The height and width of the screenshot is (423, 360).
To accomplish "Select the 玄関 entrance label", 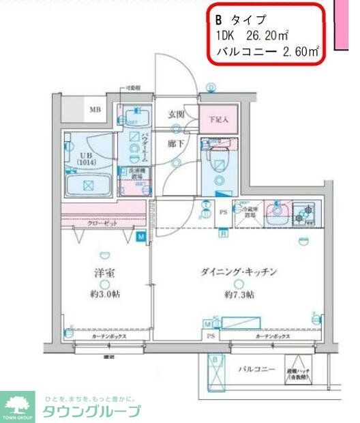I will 177,115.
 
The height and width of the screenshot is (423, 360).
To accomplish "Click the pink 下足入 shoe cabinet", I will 218,117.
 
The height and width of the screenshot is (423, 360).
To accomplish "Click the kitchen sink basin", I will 276,212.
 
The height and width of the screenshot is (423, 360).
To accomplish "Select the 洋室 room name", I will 104,273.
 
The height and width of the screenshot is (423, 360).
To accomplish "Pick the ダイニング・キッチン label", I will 239,272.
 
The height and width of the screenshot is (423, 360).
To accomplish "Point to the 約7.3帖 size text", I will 239,295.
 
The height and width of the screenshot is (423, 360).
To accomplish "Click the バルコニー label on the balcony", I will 256,370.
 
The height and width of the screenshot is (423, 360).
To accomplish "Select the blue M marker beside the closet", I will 141,237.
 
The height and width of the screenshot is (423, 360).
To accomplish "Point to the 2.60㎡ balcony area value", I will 301,51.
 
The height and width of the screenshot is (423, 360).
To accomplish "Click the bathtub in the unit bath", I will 87,184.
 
